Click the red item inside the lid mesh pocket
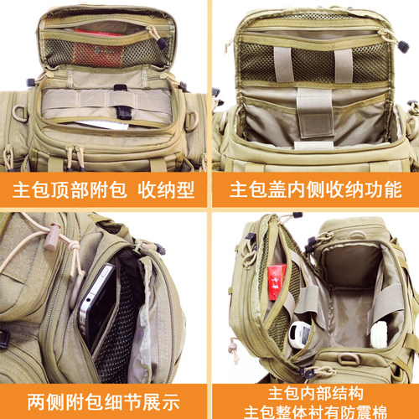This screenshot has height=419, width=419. pyautogui.click(x=97, y=49)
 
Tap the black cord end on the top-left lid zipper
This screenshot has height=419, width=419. pyautogui.click(x=162, y=43)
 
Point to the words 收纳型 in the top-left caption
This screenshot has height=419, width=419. pyautogui.click(x=166, y=190)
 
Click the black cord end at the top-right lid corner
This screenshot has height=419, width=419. pyautogui.click(x=403, y=47)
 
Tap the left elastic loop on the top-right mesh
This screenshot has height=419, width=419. pyautogui.click(x=283, y=65)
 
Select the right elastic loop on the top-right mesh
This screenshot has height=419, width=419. pyautogui.click(x=344, y=66)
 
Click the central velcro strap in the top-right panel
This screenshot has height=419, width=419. pyautogui.click(x=315, y=113)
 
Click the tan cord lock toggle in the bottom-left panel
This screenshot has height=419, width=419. pyautogui.click(x=52, y=236)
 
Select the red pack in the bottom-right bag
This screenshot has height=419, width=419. pyautogui.click(x=277, y=282)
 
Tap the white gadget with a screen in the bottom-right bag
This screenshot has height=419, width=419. pyautogui.click(x=300, y=334)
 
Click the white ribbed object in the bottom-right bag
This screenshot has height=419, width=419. pyautogui.click(x=379, y=334)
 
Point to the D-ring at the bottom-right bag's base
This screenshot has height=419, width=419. pyautogui.click(x=349, y=359)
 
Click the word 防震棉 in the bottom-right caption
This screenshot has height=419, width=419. pyautogui.click(x=368, y=411)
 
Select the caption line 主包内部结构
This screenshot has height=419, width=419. pyautogui.click(x=315, y=393)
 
